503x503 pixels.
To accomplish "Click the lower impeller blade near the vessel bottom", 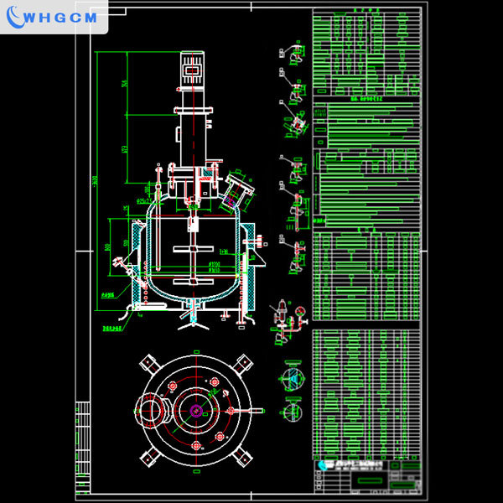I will click(194, 281).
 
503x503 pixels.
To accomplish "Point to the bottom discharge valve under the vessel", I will click(194, 320).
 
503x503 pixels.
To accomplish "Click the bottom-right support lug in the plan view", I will click(244, 456).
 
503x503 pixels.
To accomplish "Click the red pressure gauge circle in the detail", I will click(297, 311).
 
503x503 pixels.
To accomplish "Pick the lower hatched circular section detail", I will click(292, 412).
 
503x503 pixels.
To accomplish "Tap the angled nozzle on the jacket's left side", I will click(122, 270).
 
